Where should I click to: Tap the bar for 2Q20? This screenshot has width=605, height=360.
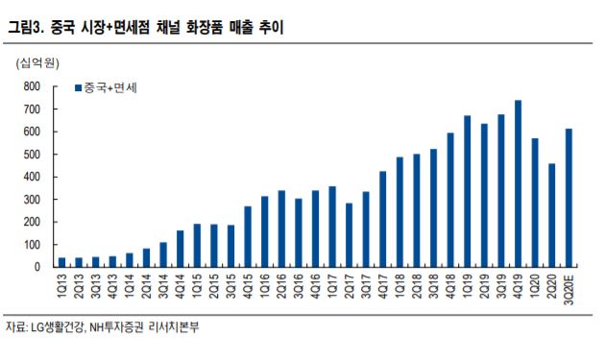(552, 216)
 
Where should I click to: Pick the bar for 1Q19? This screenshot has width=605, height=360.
(467, 192)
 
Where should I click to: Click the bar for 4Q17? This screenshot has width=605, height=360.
(384, 220)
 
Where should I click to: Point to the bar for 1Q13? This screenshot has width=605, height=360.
(62, 263)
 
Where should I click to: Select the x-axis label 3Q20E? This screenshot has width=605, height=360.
(569, 289)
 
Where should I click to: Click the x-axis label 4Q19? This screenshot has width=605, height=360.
(519, 286)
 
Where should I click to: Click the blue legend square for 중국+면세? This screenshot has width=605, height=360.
(78, 88)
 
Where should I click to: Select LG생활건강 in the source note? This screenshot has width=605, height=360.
(59, 328)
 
